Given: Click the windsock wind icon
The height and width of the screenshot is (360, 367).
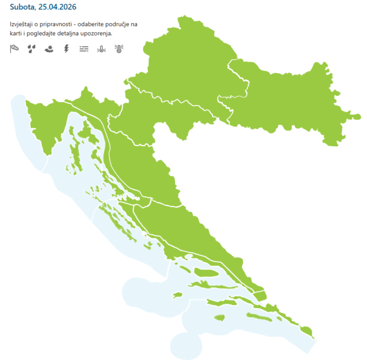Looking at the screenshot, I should tap(15, 48).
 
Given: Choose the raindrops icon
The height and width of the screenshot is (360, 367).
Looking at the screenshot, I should tap(32, 48).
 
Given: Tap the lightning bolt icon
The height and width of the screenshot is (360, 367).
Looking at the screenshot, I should tap(66, 48).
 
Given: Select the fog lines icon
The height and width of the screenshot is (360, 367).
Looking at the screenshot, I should tap(84, 48).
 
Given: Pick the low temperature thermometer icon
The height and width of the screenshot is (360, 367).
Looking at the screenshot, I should tap(101, 48).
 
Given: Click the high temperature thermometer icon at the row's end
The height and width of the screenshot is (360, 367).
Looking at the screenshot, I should tap(118, 48).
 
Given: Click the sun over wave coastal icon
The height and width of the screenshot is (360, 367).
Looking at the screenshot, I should tap(49, 48).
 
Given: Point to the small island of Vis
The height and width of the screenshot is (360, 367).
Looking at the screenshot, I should tap(177, 295).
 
